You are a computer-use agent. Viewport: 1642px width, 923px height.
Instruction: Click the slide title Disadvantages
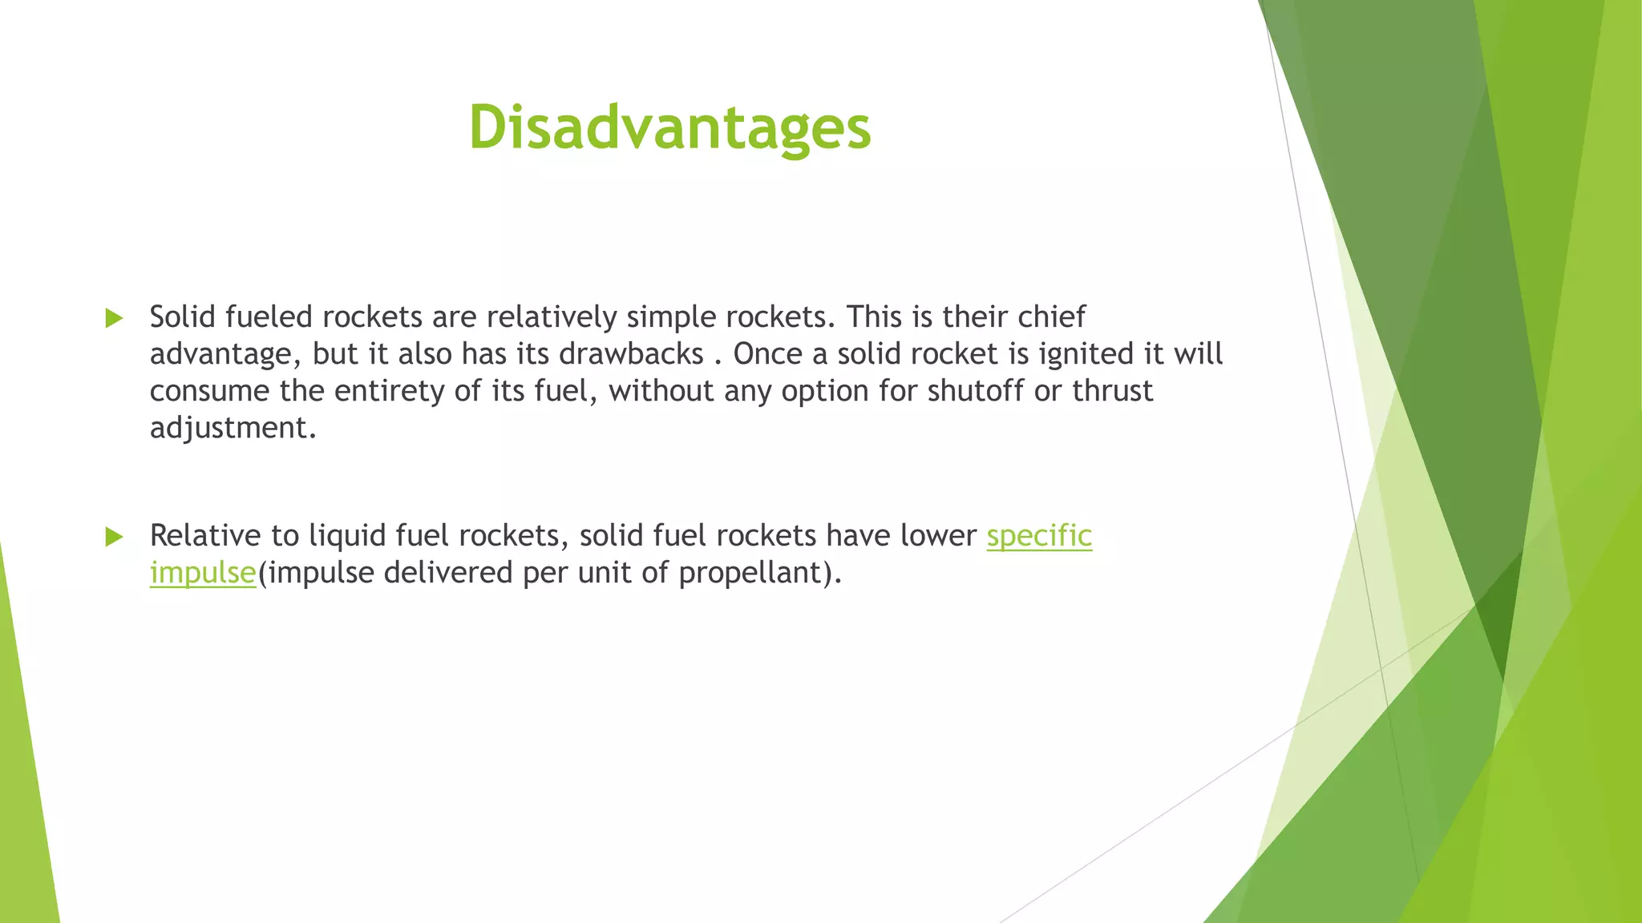(x=669, y=128)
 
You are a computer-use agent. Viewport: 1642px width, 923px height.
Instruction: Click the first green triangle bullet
(x=115, y=318)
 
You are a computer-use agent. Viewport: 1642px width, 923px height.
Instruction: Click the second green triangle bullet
(x=115, y=537)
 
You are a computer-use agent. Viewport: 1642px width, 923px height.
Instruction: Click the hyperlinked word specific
(x=1038, y=536)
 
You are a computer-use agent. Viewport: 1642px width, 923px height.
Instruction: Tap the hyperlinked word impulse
(x=202, y=573)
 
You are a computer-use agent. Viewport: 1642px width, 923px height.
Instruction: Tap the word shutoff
(x=975, y=391)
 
